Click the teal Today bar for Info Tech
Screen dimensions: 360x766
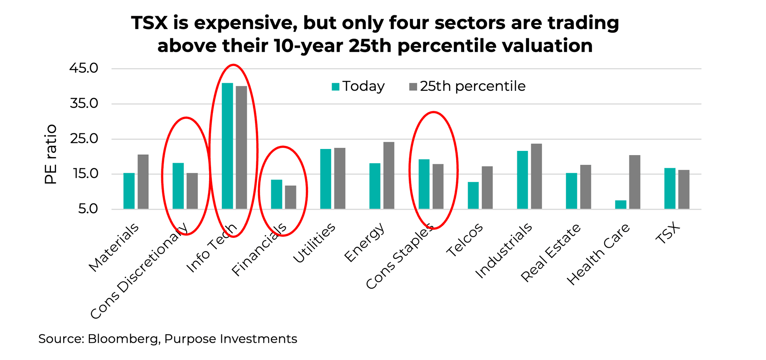227,146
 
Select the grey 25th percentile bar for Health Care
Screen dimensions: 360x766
635,182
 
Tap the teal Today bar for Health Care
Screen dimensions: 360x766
620,205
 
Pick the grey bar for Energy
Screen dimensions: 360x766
389,175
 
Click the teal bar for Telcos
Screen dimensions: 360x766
473,195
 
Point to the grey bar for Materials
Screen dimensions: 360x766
143,182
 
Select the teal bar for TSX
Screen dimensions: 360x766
670,188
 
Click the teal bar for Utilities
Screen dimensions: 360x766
326,179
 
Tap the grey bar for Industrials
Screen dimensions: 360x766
536,176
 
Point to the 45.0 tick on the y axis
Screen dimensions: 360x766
83,69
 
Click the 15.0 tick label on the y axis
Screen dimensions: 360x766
83,174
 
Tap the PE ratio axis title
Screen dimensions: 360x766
51,154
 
